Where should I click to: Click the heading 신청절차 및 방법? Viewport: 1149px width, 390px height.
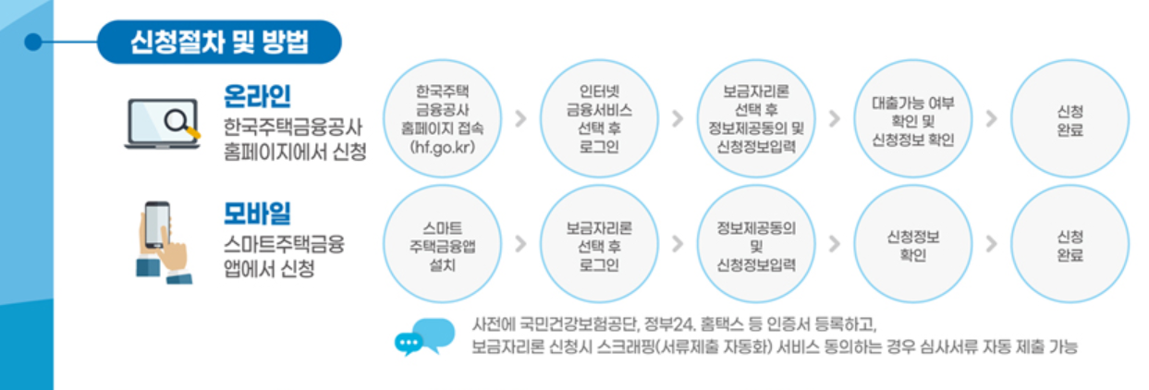219,43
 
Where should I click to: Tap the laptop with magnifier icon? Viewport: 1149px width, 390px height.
162,124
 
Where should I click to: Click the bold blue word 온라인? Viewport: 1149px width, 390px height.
257,95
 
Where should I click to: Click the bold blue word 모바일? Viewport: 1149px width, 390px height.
257,213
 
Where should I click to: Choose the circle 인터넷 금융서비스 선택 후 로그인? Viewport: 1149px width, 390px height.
599,119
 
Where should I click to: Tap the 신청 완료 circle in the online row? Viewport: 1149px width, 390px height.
1070,119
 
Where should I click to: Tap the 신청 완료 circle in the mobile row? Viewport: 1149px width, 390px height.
1070,244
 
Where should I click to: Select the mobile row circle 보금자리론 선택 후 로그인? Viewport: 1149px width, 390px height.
599,244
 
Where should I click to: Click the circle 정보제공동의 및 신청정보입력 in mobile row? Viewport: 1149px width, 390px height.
755,244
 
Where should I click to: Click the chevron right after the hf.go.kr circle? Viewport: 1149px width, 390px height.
520,119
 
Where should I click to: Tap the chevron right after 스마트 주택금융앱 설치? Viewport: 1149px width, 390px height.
520,244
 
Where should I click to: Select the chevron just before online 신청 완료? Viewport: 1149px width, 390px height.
992,119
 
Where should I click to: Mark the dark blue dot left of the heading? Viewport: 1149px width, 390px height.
34,42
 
